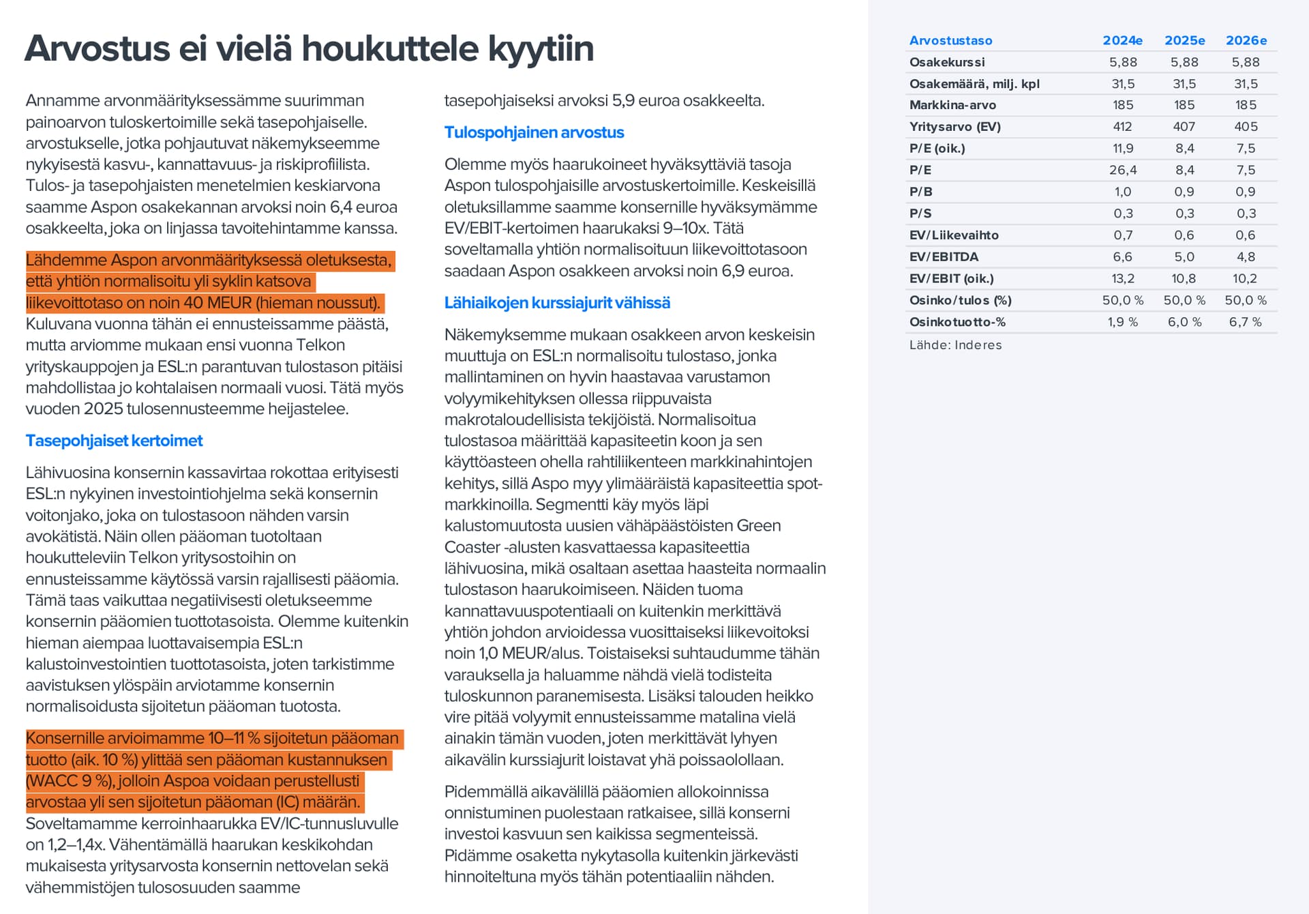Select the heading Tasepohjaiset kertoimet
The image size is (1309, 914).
coord(114,441)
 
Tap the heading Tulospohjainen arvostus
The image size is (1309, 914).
coord(534,132)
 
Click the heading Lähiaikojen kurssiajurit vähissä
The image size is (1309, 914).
coord(557,303)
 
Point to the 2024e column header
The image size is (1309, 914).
coord(1122,40)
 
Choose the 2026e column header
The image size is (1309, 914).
coord(1246,40)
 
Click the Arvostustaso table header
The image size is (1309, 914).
coord(950,40)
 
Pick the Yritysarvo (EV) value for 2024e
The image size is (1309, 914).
coord(1122,127)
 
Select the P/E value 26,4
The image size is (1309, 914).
coord(1122,170)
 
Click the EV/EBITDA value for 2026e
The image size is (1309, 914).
coord(1246,257)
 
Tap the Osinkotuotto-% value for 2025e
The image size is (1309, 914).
coord(1184,322)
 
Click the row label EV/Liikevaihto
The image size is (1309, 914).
coord(954,235)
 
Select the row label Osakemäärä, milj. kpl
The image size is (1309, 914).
coord(974,84)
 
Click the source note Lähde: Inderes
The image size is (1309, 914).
coord(955,345)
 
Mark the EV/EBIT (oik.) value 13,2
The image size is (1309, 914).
coord(1122,279)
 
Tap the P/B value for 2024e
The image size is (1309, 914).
coord(1122,192)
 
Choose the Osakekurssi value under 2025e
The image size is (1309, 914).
coord(1184,62)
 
